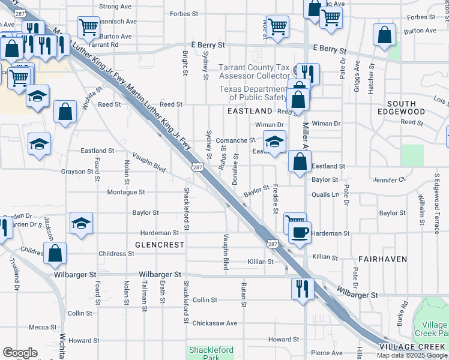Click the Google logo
tap(20, 353)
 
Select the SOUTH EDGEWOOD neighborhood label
tap(402, 108)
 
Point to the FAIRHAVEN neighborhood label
tap(382, 259)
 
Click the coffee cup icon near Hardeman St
tap(300, 231)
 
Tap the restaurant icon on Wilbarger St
tap(300, 288)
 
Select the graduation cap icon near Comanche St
tap(274, 142)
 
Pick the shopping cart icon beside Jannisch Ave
tap(88, 26)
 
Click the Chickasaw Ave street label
tap(214, 323)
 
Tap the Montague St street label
tap(126, 193)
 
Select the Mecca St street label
tap(43, 327)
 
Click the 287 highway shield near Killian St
tap(273, 244)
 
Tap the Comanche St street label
tap(236, 140)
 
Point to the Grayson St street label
tap(78, 171)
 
